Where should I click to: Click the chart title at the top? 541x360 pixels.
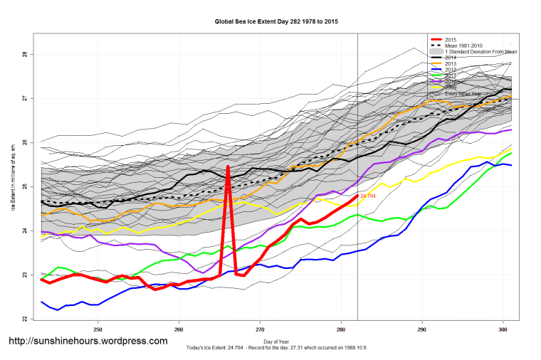pyautogui.click(x=276, y=22)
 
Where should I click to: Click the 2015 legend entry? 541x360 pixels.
pyautogui.click(x=450, y=39)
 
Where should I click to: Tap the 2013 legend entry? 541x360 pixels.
pyautogui.click(x=450, y=64)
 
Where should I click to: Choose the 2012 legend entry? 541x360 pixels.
pyautogui.click(x=450, y=70)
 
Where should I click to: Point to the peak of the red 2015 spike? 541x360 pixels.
pyautogui.click(x=228, y=166)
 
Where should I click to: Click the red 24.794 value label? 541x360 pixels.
pyautogui.click(x=368, y=196)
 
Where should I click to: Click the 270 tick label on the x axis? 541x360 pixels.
pyautogui.click(x=260, y=330)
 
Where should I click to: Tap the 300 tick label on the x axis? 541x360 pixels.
pyautogui.click(x=503, y=330)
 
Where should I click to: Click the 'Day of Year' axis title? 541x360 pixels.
pyautogui.click(x=275, y=342)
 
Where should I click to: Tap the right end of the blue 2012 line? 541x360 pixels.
pyautogui.click(x=511, y=165)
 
